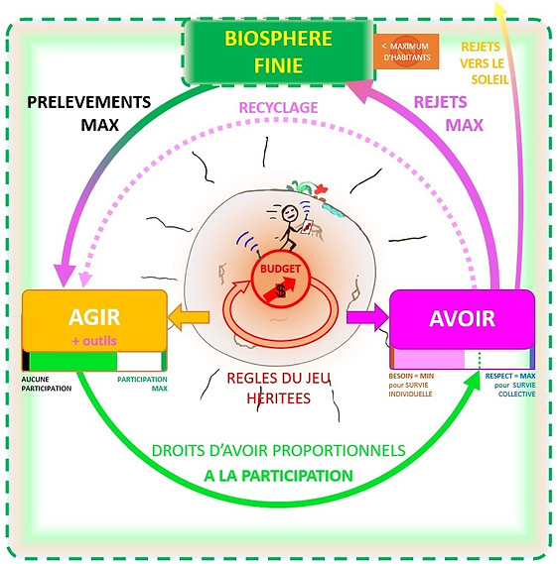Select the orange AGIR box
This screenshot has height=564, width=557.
point(94,320)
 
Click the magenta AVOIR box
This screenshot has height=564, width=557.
point(463,320)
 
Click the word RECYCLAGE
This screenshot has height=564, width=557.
point(279,106)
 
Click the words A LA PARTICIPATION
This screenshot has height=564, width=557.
point(278,476)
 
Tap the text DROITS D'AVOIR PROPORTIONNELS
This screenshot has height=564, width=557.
point(278,450)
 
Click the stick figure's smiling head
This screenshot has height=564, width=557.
point(289,213)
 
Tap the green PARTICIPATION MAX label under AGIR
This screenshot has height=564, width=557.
point(142,384)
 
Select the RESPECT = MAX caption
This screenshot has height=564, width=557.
point(509,384)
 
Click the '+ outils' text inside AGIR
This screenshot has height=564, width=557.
point(94,339)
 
